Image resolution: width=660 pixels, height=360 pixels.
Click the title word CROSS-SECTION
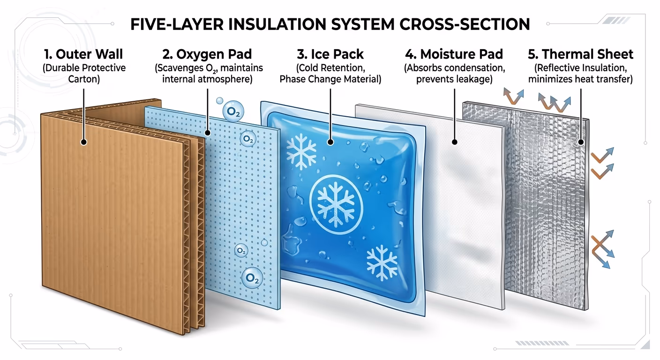(x=465, y=24)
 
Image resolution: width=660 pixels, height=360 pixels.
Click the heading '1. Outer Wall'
(x=84, y=54)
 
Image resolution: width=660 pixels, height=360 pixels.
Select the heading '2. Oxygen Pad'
(x=207, y=54)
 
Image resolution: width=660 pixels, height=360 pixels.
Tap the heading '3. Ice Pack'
(x=330, y=54)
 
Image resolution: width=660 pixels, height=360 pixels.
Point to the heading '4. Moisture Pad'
(x=454, y=54)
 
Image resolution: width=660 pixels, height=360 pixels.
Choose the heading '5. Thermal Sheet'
(x=580, y=54)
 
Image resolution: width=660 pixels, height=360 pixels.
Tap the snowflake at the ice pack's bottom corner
(x=382, y=263)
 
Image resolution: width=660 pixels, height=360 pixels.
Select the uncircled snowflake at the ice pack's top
(x=301, y=152)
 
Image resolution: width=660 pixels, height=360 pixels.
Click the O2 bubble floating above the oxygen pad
(x=233, y=112)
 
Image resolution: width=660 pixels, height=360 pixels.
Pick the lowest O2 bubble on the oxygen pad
(x=252, y=278)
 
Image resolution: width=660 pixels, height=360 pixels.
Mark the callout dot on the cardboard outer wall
(x=84, y=142)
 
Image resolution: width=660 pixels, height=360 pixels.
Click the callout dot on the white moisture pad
(x=455, y=142)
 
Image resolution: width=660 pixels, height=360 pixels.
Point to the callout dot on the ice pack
(x=330, y=142)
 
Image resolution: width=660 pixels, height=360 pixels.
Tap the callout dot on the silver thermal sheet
(x=581, y=142)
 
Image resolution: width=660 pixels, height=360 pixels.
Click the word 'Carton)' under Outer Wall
(x=84, y=79)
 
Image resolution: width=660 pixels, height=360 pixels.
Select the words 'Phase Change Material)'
(x=330, y=79)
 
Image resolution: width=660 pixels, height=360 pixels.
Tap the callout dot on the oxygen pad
(x=208, y=133)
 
